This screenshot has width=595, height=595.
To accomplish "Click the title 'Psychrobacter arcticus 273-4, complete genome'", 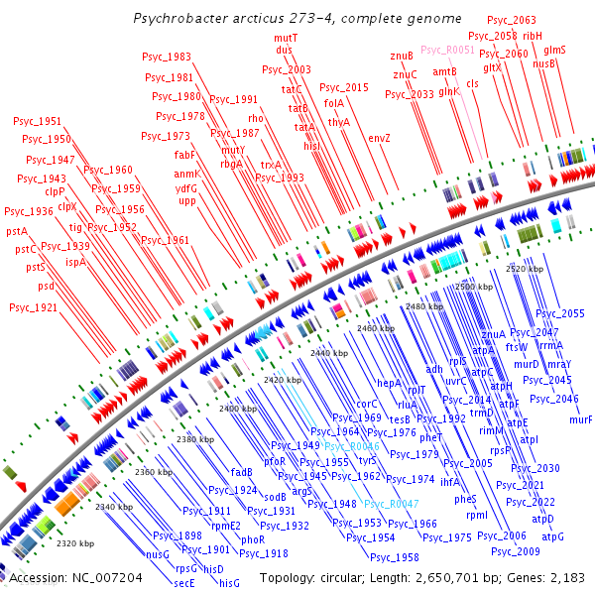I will [297, 18].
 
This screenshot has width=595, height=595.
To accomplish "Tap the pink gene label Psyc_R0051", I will [448, 49].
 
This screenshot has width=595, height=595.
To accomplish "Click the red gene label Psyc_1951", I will [37, 121].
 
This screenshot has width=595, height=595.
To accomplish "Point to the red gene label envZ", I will [380, 138].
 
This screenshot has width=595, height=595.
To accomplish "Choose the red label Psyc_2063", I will [512, 20].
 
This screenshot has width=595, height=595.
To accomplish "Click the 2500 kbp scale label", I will [473, 287].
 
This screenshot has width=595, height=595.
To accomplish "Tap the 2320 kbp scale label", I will [76, 543].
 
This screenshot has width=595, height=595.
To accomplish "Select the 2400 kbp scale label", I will [238, 409].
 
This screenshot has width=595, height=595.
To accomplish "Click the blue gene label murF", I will [581, 419].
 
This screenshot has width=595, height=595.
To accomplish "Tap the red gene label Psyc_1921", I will [33, 307].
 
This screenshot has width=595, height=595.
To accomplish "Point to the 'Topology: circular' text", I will [306, 577].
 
